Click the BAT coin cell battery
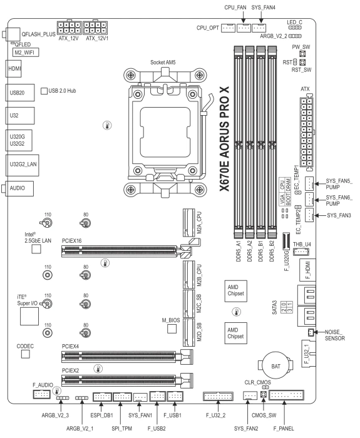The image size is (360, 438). [275, 365]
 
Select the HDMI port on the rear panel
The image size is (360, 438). [13, 69]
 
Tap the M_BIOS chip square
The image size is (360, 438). [172, 328]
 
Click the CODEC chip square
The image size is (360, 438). [26, 354]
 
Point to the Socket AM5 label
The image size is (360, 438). [163, 63]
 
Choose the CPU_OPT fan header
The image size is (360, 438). [229, 28]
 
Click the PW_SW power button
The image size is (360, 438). [302, 54]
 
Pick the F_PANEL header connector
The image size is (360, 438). [287, 395]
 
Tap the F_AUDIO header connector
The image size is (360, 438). [42, 394]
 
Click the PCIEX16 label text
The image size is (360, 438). [72, 241]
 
